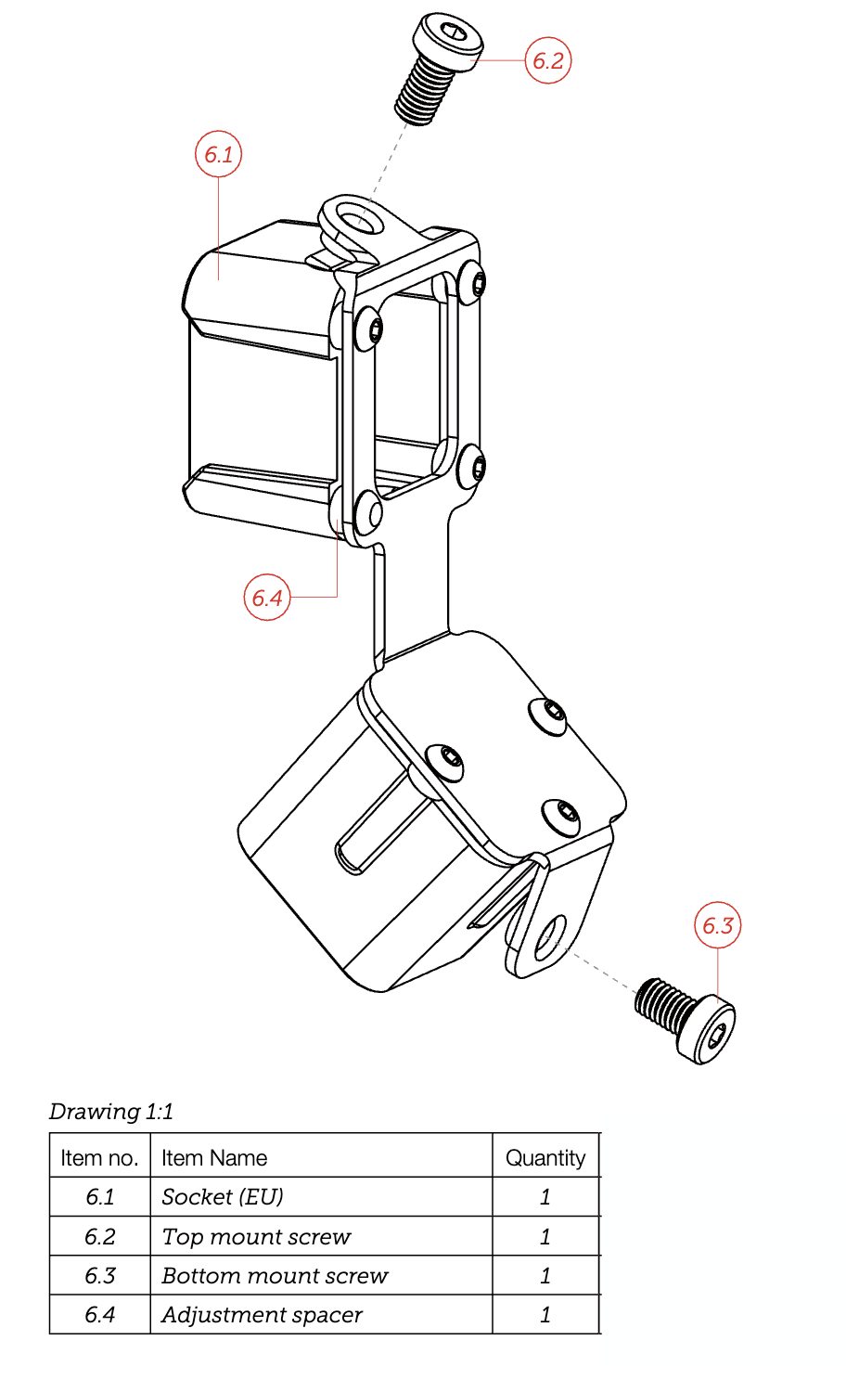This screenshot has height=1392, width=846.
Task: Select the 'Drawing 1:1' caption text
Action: tap(111, 1112)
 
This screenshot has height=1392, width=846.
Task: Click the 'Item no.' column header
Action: tap(99, 1158)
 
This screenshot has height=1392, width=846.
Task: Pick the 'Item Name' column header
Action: tap(214, 1158)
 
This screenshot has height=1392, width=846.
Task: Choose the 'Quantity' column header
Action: tap(545, 1158)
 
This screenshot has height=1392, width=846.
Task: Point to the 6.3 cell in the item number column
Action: tap(100, 1276)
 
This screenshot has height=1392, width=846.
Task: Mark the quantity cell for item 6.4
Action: tap(545, 1315)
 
